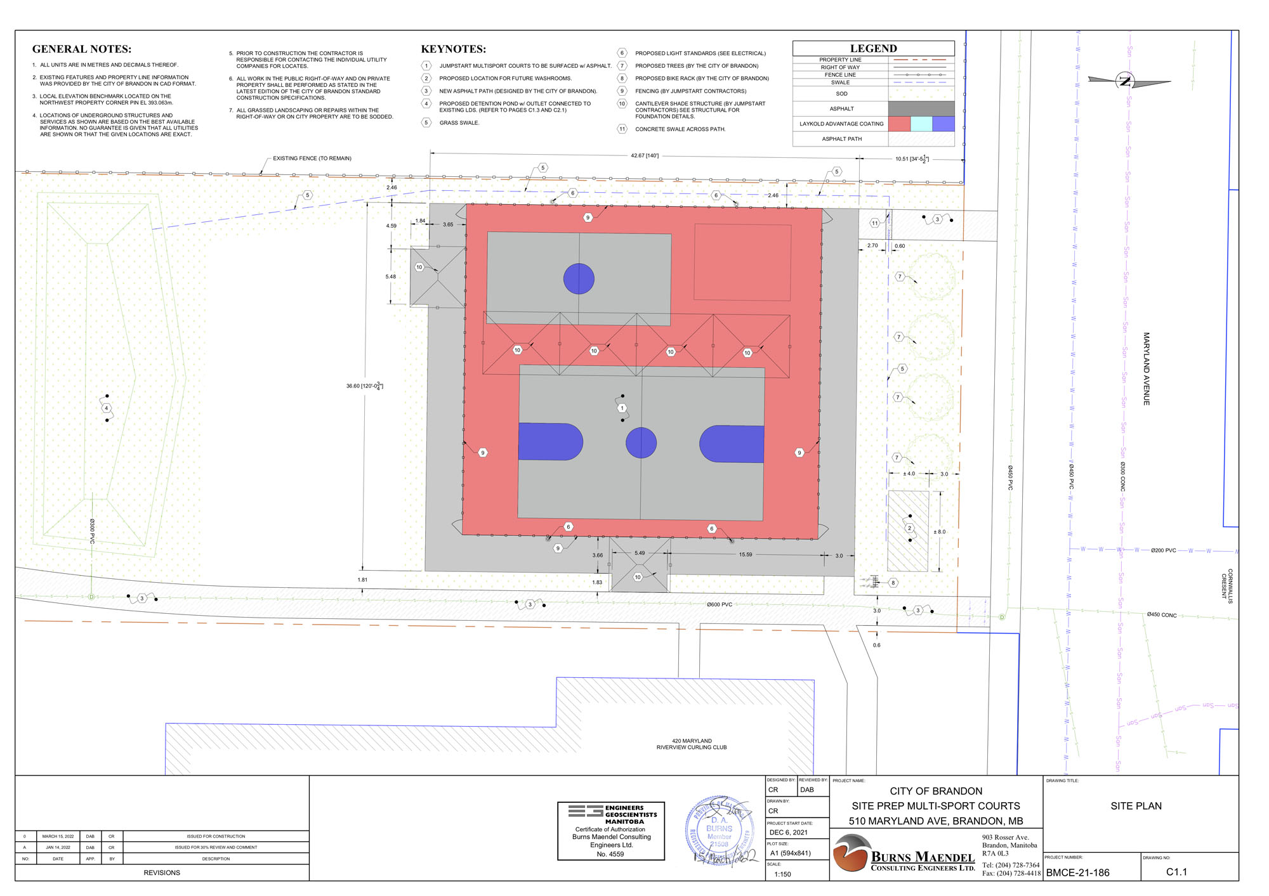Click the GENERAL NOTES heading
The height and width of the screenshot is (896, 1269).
[x=82, y=49]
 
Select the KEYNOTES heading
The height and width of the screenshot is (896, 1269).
[x=453, y=49]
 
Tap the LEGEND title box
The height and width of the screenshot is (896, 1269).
[x=873, y=48]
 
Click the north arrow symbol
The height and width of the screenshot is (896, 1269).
[x=1126, y=81]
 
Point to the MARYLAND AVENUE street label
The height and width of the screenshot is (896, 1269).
[x=1146, y=369]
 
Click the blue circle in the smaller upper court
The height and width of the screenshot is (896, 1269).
[x=579, y=279]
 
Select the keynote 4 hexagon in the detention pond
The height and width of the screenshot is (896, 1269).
[x=107, y=408]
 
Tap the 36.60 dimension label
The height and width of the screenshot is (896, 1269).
[x=364, y=386]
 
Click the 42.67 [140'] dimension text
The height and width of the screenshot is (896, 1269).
[x=644, y=155]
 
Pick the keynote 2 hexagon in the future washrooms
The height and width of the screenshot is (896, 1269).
[x=909, y=528]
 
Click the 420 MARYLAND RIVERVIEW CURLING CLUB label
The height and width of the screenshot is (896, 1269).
[x=692, y=744]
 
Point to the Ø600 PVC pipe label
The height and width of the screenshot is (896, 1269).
[x=719, y=604]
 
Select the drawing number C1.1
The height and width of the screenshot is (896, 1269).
[x=1176, y=872]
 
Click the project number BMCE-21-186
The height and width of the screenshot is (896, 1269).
[x=1077, y=873]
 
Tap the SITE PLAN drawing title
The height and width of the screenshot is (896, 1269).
[x=1136, y=806]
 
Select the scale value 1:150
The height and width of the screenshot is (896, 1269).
[x=782, y=874]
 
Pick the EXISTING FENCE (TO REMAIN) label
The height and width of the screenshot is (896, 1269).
[x=312, y=158]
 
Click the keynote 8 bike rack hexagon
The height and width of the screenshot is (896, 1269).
[x=893, y=583]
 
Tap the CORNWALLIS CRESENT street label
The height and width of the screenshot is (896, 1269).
[x=1226, y=586]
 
